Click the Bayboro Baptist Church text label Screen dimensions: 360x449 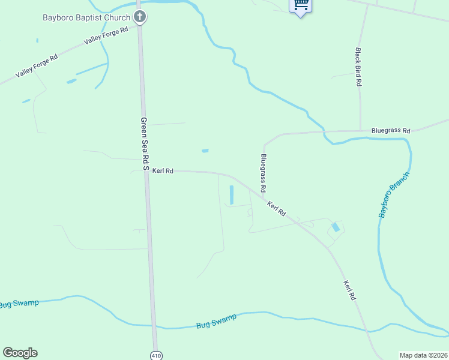pos(86,17)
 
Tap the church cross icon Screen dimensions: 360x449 pos(140,16)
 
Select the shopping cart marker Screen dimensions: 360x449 pos(300,5)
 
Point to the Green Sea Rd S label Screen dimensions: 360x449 pos(144,142)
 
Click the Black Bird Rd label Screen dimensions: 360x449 pos(358,67)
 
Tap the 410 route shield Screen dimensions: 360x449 pos(156,355)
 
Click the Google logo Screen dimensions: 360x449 pos(20,353)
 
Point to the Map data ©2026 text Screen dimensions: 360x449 pos(423,355)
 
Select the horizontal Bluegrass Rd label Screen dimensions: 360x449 pos(390,130)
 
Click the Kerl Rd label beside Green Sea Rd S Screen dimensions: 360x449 pos(163,171)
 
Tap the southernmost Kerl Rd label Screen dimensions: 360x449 pos(350,290)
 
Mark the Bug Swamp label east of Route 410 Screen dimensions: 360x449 pos(216,320)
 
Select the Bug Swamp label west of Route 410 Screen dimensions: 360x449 pos(19,304)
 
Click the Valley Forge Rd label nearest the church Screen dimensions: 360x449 pos(107,35)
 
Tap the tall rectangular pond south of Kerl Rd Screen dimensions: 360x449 pos(232,194)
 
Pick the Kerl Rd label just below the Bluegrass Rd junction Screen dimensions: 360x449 pos(276,209)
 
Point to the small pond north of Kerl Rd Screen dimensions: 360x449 pos(205,151)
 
